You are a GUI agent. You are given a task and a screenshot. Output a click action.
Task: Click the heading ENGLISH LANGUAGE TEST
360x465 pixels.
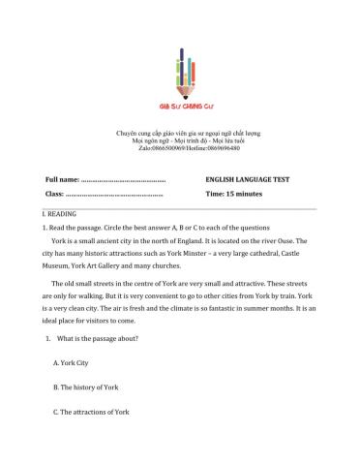pyautogui.click(x=248, y=180)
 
